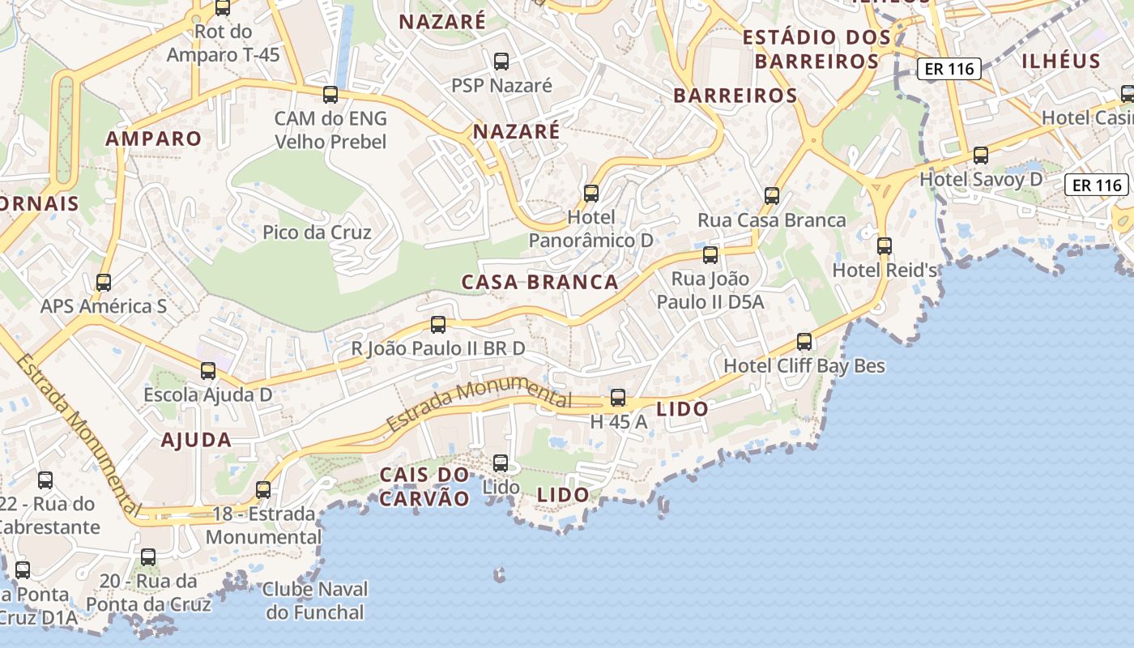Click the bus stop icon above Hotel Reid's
pos(885,245)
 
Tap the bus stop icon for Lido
pos(501,463)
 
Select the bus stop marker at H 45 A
pos(618,398)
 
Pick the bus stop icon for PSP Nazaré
pos(501,61)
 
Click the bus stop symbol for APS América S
pos(104,283)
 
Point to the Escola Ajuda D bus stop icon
pos(208,371)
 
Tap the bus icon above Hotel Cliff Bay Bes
pos(804,342)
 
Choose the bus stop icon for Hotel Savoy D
pos(981,155)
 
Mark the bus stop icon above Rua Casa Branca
pos(772,195)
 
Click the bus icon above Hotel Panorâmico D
pos(591,193)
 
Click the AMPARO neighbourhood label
pos(153,139)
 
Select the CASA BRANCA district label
pos(539,283)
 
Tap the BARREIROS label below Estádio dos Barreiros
pos(735,96)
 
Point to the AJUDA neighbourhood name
pos(196,441)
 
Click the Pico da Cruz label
pos(317,232)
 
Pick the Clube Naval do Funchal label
pos(315,600)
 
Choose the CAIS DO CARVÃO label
pos(424,486)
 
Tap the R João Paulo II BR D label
pos(437,349)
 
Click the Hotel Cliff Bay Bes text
pos(804,366)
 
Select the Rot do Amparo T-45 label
pos(223,43)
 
